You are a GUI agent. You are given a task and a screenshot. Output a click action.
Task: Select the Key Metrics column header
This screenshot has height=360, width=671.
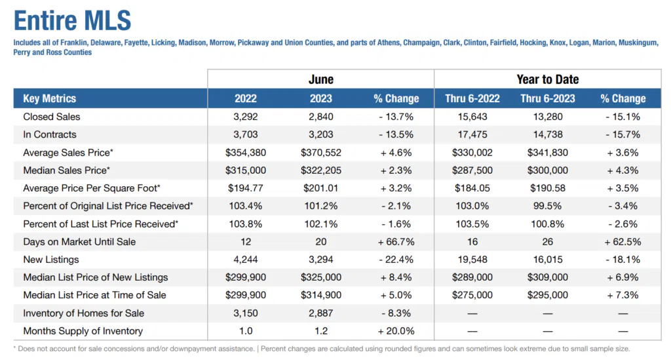tap(50, 99)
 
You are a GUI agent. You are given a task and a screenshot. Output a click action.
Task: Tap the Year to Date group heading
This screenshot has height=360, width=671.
tap(547, 79)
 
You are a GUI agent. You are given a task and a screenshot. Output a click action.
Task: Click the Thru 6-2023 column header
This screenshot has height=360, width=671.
tap(547, 99)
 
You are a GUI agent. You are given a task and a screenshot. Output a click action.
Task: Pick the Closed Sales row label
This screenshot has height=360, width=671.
tap(52, 117)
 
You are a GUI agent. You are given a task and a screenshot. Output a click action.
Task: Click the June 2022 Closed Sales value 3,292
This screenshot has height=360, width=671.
tap(246, 117)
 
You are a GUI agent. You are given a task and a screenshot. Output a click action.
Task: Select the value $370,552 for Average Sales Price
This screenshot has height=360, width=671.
tap(320, 153)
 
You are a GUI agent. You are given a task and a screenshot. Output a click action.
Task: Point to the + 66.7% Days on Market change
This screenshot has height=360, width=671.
tap(396, 242)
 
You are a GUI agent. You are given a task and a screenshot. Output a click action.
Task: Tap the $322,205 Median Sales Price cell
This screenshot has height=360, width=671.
tap(320, 170)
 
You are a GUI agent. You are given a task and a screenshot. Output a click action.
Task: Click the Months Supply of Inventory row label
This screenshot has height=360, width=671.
tap(83, 331)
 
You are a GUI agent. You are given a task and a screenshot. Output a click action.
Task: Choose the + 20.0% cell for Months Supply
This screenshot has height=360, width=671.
tap(396, 331)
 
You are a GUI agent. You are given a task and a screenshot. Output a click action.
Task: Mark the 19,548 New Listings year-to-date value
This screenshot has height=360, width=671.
tap(472, 260)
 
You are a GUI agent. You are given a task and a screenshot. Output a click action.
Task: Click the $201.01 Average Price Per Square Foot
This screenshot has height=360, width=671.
tap(320, 188)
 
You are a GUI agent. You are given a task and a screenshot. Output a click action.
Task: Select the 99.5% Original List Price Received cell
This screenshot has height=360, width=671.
tap(547, 206)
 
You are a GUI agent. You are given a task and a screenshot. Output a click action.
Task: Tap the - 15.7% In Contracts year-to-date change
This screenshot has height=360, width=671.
tap(623, 134)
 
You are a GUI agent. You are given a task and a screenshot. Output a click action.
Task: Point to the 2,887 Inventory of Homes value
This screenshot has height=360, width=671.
tap(320, 313)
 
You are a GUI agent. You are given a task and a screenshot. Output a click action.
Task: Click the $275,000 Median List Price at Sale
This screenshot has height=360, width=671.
tap(472, 295)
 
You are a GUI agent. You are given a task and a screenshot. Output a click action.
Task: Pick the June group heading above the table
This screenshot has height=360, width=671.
tap(320, 79)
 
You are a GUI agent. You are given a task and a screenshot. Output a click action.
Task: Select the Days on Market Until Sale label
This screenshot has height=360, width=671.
tap(79, 242)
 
